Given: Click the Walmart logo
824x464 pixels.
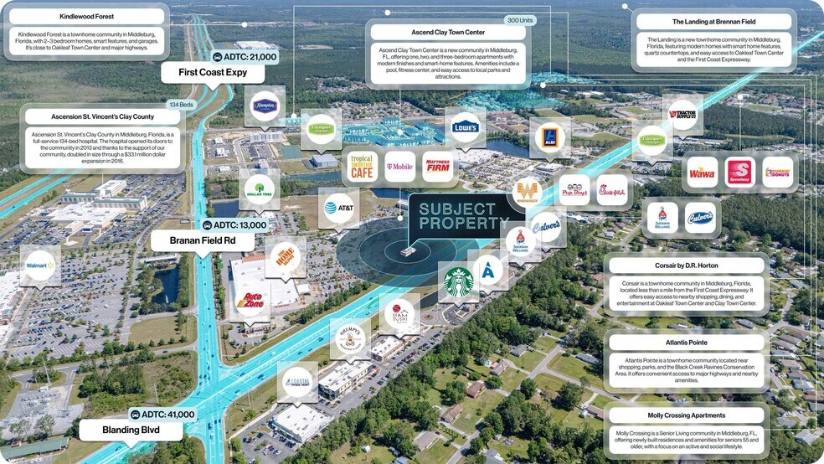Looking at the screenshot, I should pyautogui.click(x=40, y=266).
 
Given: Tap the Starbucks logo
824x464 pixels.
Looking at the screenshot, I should pyautogui.click(x=458, y=281).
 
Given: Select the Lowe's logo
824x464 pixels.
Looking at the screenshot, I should pyautogui.click(x=465, y=127).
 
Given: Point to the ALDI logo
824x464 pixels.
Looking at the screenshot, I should pyautogui.click(x=550, y=137).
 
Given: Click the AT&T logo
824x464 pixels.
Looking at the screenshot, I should pyautogui.click(x=339, y=207).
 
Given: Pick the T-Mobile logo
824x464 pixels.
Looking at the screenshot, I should pyautogui.click(x=399, y=167).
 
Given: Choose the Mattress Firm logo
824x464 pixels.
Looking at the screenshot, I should pyautogui.click(x=438, y=167).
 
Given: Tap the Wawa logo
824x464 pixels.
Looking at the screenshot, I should pyautogui.click(x=701, y=173).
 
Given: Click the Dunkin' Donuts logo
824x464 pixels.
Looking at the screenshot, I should pyautogui.click(x=778, y=173).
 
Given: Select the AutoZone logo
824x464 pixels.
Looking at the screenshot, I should pyautogui.click(x=250, y=300).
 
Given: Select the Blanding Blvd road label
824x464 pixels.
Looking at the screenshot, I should pyautogui.click(x=131, y=431).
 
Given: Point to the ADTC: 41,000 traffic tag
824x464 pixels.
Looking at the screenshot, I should pyautogui.click(x=163, y=414).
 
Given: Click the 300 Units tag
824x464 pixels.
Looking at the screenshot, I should pyautogui.click(x=520, y=19).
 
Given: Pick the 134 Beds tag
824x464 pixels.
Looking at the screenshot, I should pyautogui.click(x=182, y=105).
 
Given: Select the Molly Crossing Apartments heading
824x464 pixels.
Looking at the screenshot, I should pyautogui.click(x=686, y=416).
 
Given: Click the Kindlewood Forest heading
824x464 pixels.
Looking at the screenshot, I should pyautogui.click(x=88, y=17).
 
